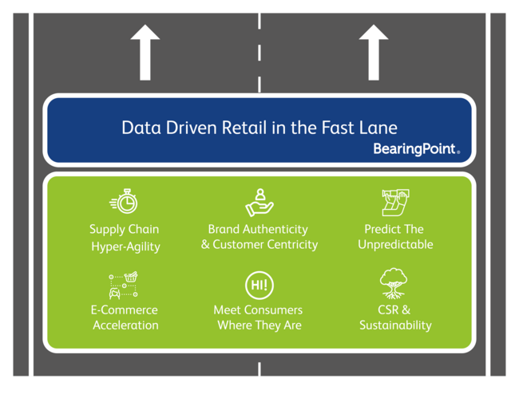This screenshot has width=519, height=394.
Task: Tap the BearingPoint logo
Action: [x=416, y=149]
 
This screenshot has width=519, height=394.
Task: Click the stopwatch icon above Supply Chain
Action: [x=124, y=202]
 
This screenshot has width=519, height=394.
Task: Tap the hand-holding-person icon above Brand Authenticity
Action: [x=259, y=202]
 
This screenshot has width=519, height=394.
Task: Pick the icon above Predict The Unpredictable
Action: [x=394, y=203]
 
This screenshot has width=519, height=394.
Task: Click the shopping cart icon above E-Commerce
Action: [x=124, y=284]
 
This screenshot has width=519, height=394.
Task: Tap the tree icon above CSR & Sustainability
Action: [x=394, y=284]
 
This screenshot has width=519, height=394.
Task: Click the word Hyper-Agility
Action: [x=125, y=246]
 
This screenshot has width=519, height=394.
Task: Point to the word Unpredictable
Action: [x=395, y=245]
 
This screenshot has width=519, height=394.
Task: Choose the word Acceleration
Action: [x=125, y=325]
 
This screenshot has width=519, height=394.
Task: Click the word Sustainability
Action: [x=395, y=325]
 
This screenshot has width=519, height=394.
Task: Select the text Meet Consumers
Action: [x=258, y=309]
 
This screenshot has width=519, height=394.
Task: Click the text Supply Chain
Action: [x=124, y=230]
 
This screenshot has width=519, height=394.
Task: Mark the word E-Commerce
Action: [x=124, y=309]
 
